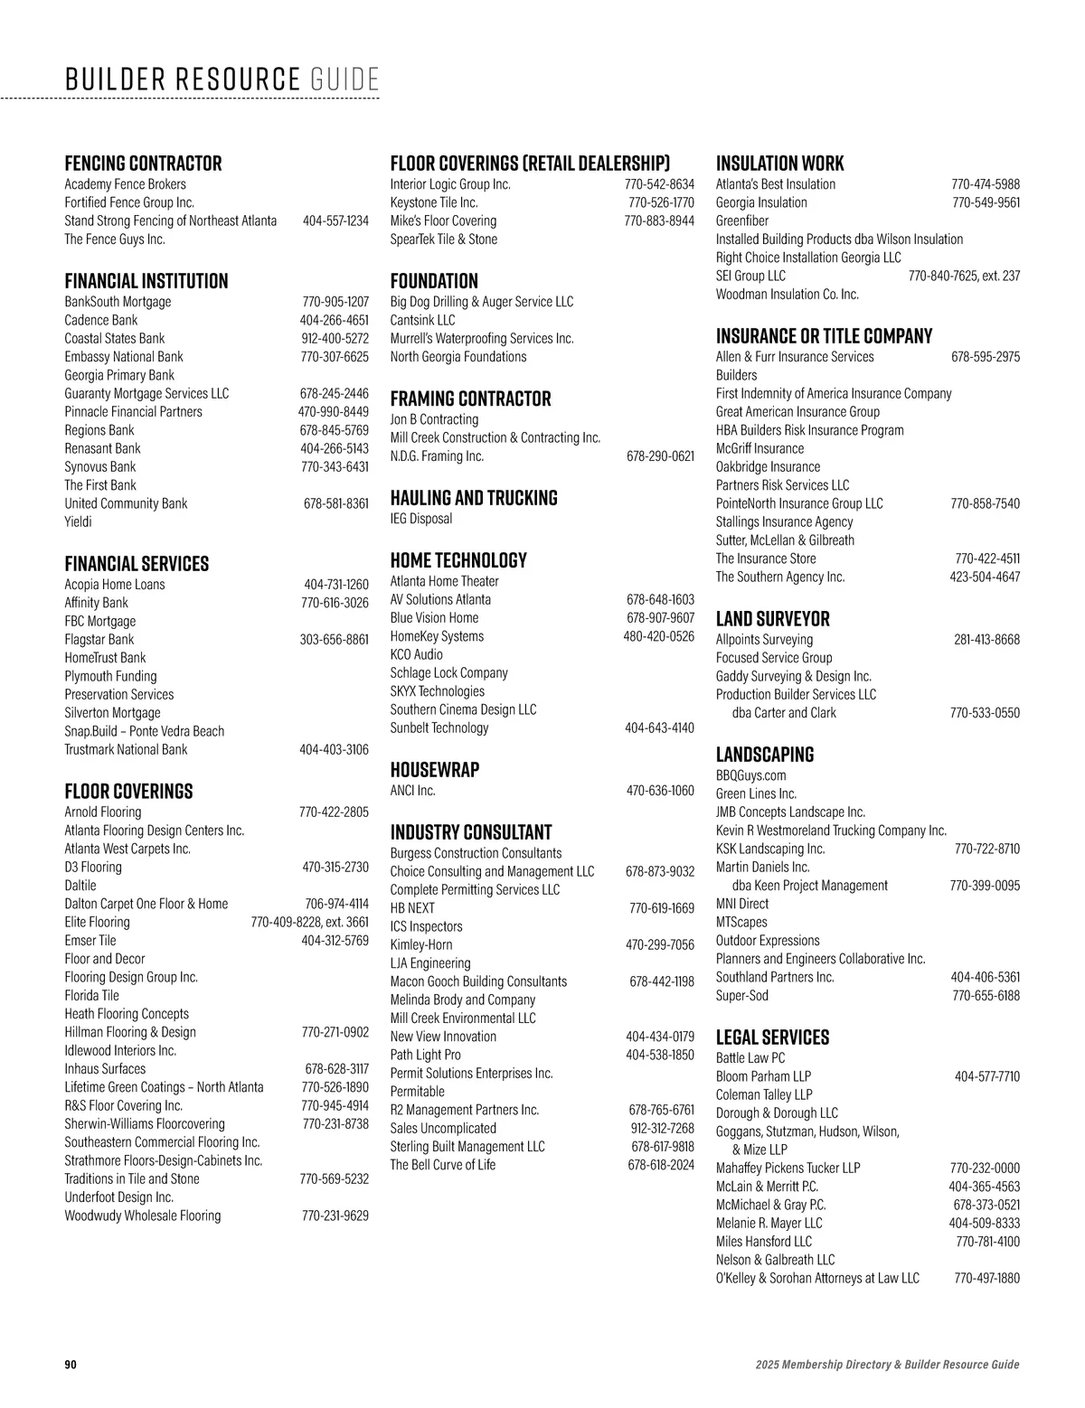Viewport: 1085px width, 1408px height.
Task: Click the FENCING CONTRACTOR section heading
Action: click(x=143, y=164)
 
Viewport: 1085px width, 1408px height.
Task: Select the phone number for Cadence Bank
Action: click(x=334, y=320)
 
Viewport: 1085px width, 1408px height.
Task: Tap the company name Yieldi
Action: click(x=78, y=521)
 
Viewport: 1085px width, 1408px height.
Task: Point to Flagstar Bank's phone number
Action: click(x=334, y=640)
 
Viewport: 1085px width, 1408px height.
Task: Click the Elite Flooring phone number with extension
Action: click(x=309, y=923)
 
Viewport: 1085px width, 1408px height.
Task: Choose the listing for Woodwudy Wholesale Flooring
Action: click(x=142, y=1216)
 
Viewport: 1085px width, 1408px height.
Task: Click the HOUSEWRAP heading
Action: click(x=435, y=770)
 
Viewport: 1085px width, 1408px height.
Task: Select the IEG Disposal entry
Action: click(x=421, y=519)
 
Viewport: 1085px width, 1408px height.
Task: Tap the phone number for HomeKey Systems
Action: click(x=658, y=636)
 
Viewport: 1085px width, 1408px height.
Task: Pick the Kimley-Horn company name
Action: click(x=421, y=945)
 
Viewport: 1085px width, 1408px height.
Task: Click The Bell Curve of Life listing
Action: click(x=443, y=1165)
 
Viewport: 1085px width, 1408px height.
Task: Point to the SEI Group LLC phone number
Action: click(x=964, y=276)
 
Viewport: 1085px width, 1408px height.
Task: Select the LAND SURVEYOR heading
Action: click(x=772, y=619)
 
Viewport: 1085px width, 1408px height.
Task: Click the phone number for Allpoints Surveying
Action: click(x=986, y=640)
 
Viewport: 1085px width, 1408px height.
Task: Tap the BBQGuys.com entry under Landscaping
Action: click(x=750, y=775)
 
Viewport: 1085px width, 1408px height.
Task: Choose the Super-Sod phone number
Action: click(x=986, y=996)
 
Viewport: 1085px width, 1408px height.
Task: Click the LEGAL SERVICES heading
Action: click(x=772, y=1037)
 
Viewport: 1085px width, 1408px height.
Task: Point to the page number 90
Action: click(x=71, y=1365)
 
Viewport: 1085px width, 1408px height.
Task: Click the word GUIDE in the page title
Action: click(x=344, y=80)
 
